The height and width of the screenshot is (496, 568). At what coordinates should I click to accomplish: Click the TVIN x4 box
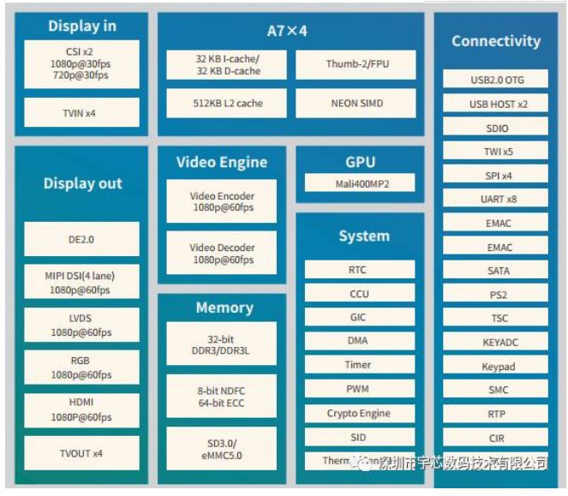[x=81, y=112]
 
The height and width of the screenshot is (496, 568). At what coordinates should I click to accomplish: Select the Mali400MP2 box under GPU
[x=360, y=183]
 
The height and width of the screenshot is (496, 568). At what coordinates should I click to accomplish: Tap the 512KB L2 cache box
[x=227, y=104]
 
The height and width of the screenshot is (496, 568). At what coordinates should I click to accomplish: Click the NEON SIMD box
[x=356, y=104]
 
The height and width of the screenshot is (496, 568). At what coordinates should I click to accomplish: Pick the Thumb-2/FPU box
[x=356, y=64]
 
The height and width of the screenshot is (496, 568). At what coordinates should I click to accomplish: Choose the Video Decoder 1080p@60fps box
[x=222, y=254]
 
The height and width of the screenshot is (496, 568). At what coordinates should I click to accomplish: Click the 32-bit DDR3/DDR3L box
[x=222, y=344]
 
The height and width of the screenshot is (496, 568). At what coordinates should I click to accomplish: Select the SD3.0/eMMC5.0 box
[x=222, y=448]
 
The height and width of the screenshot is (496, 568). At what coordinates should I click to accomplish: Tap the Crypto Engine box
[x=359, y=413]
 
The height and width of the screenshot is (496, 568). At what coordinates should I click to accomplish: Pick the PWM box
[x=359, y=389]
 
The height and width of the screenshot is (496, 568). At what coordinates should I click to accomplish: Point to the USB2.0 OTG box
[x=497, y=80]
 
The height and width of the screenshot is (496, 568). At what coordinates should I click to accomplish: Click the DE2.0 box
[x=81, y=240]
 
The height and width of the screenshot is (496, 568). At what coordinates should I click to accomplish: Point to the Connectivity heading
[x=496, y=41]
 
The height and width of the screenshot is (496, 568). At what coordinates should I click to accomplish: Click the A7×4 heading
[x=287, y=31]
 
